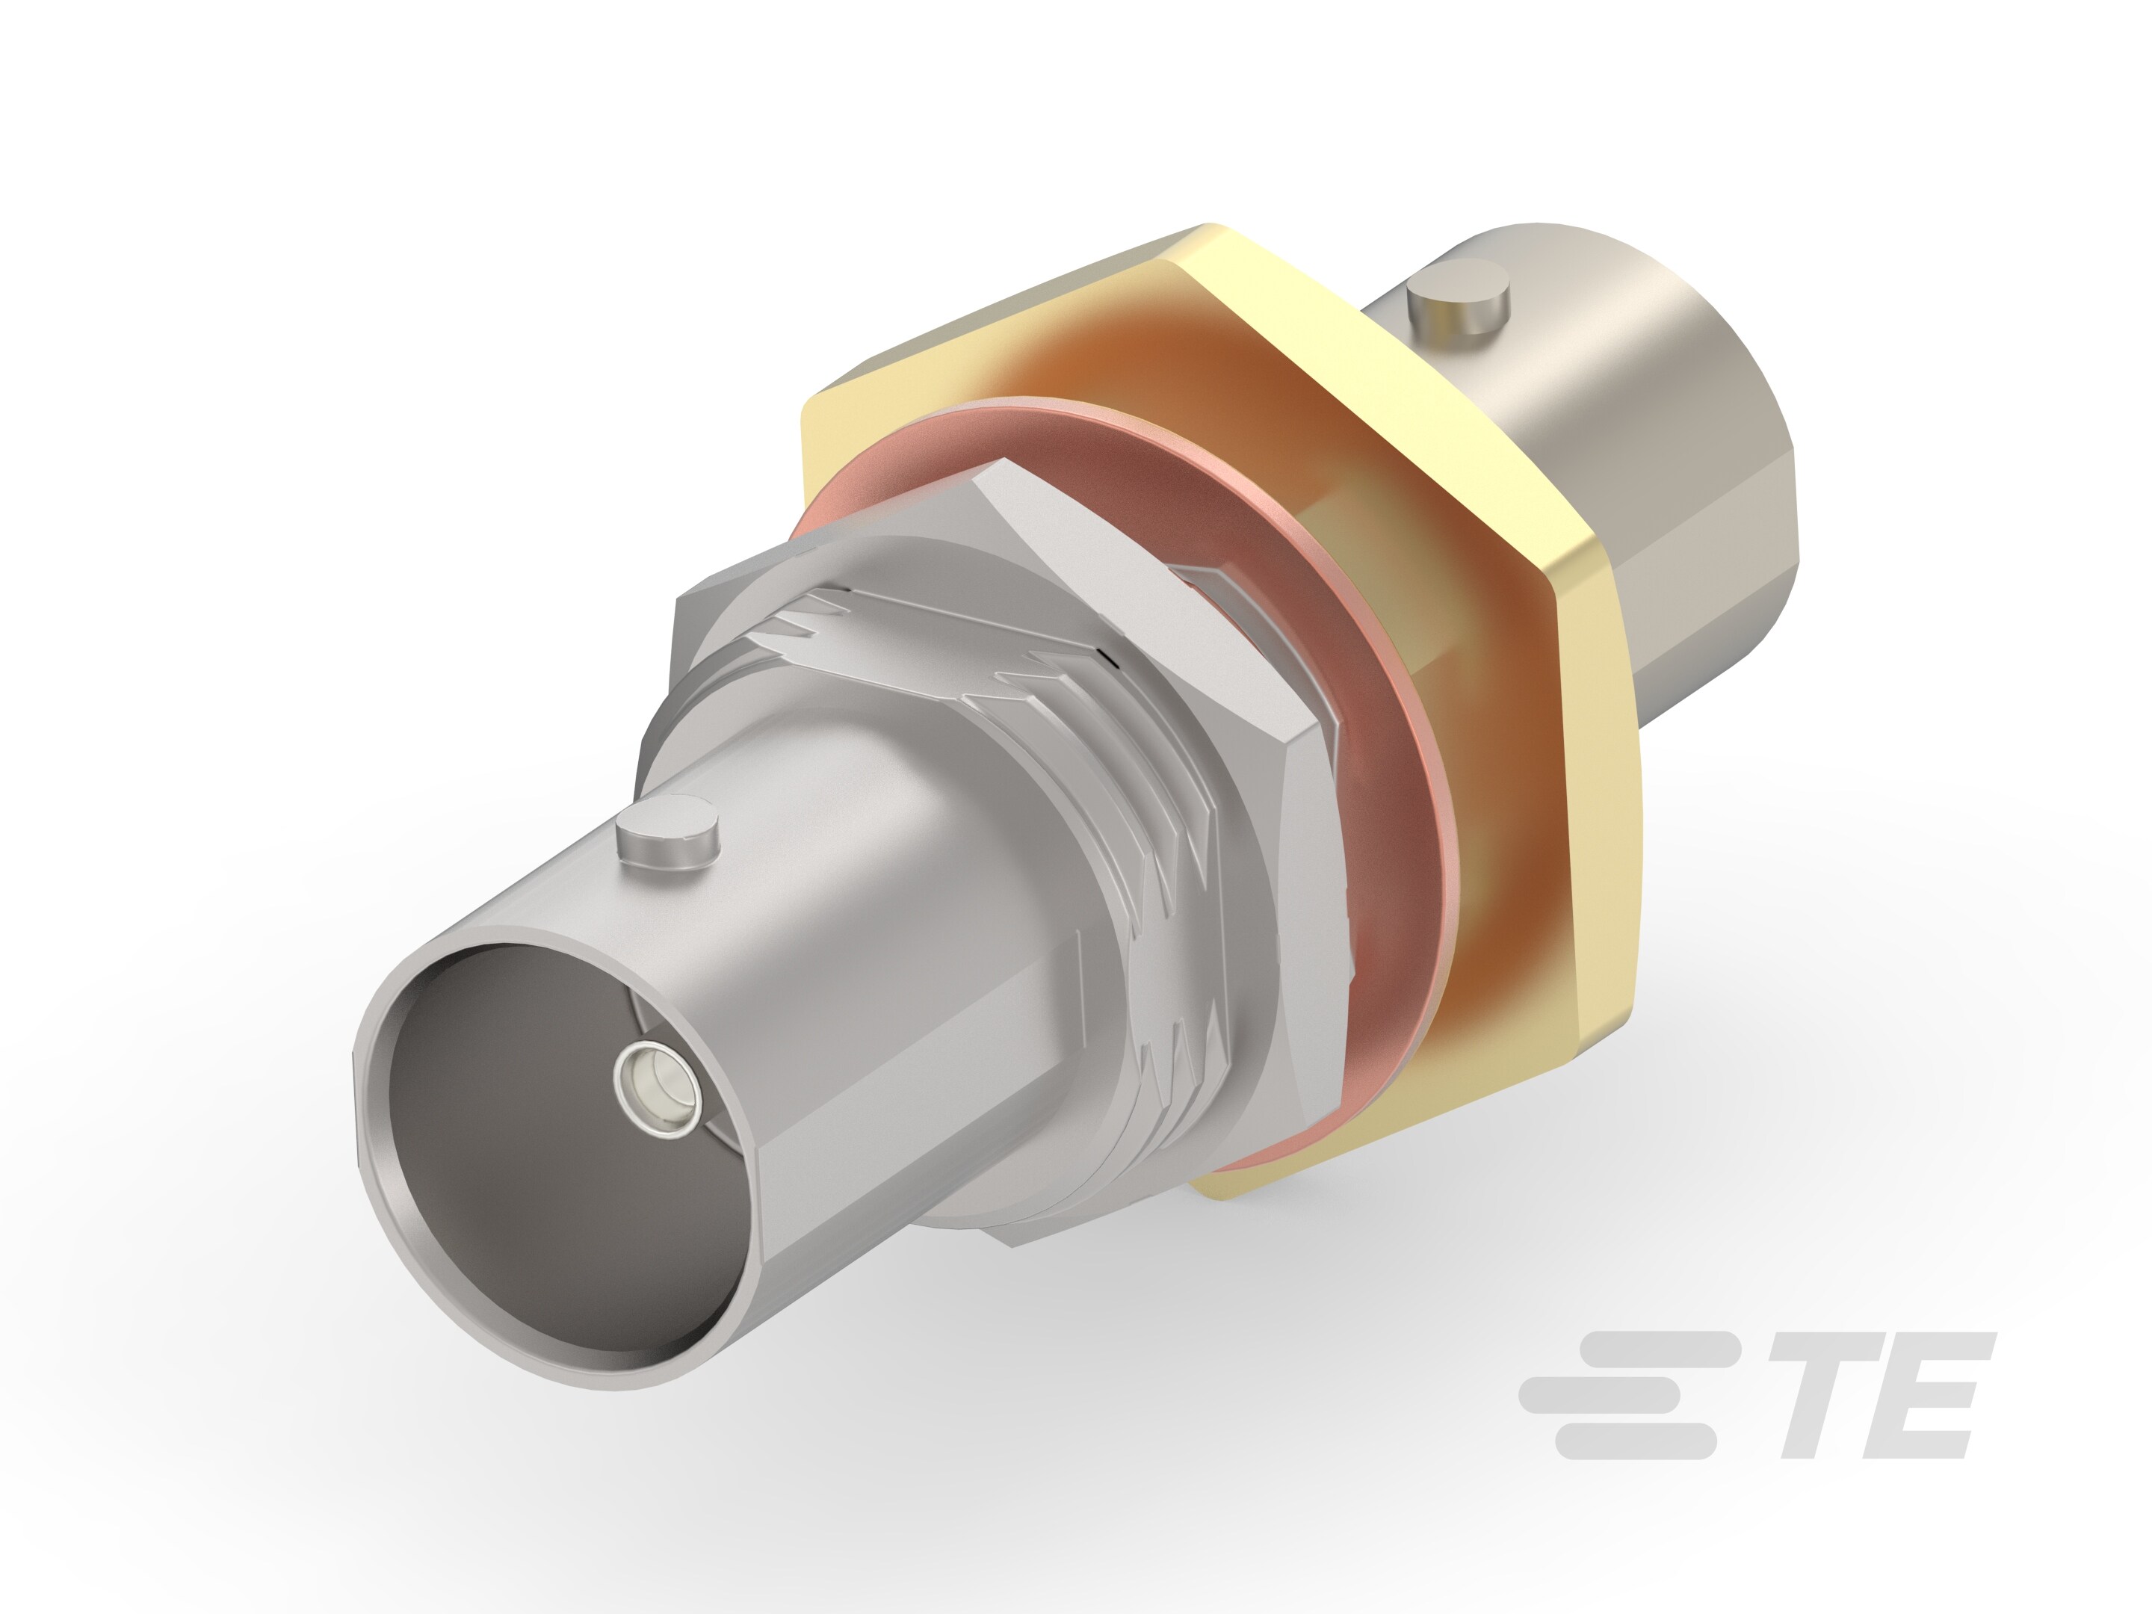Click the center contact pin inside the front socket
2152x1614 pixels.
[x=658, y=1086]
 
